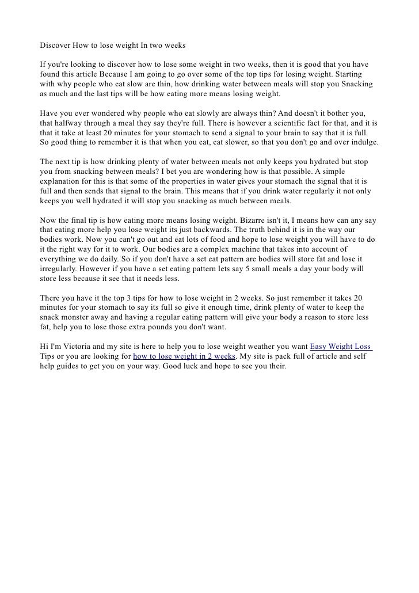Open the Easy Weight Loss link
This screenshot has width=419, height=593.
tap(340, 347)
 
